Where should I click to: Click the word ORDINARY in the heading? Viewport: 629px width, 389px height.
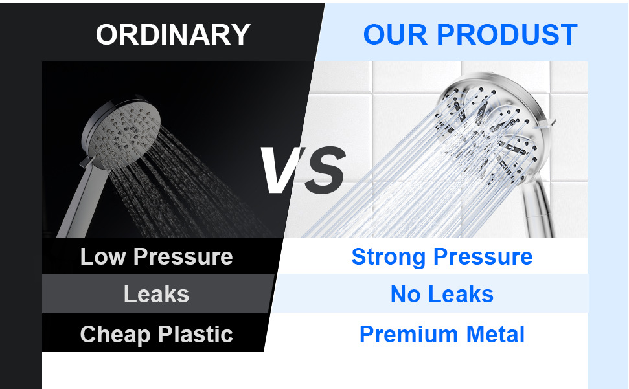(173, 34)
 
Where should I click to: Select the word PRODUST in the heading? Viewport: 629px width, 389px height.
(507, 34)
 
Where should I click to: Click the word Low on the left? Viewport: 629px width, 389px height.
(103, 256)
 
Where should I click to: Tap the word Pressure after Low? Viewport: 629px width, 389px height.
(183, 257)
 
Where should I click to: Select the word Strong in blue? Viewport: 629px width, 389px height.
(388, 257)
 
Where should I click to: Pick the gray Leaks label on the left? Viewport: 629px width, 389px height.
(157, 295)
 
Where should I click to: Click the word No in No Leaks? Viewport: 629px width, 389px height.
(405, 295)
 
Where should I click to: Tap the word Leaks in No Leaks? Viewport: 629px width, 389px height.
(461, 295)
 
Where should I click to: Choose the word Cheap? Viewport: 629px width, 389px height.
(115, 335)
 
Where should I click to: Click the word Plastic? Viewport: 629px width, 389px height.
(196, 334)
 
